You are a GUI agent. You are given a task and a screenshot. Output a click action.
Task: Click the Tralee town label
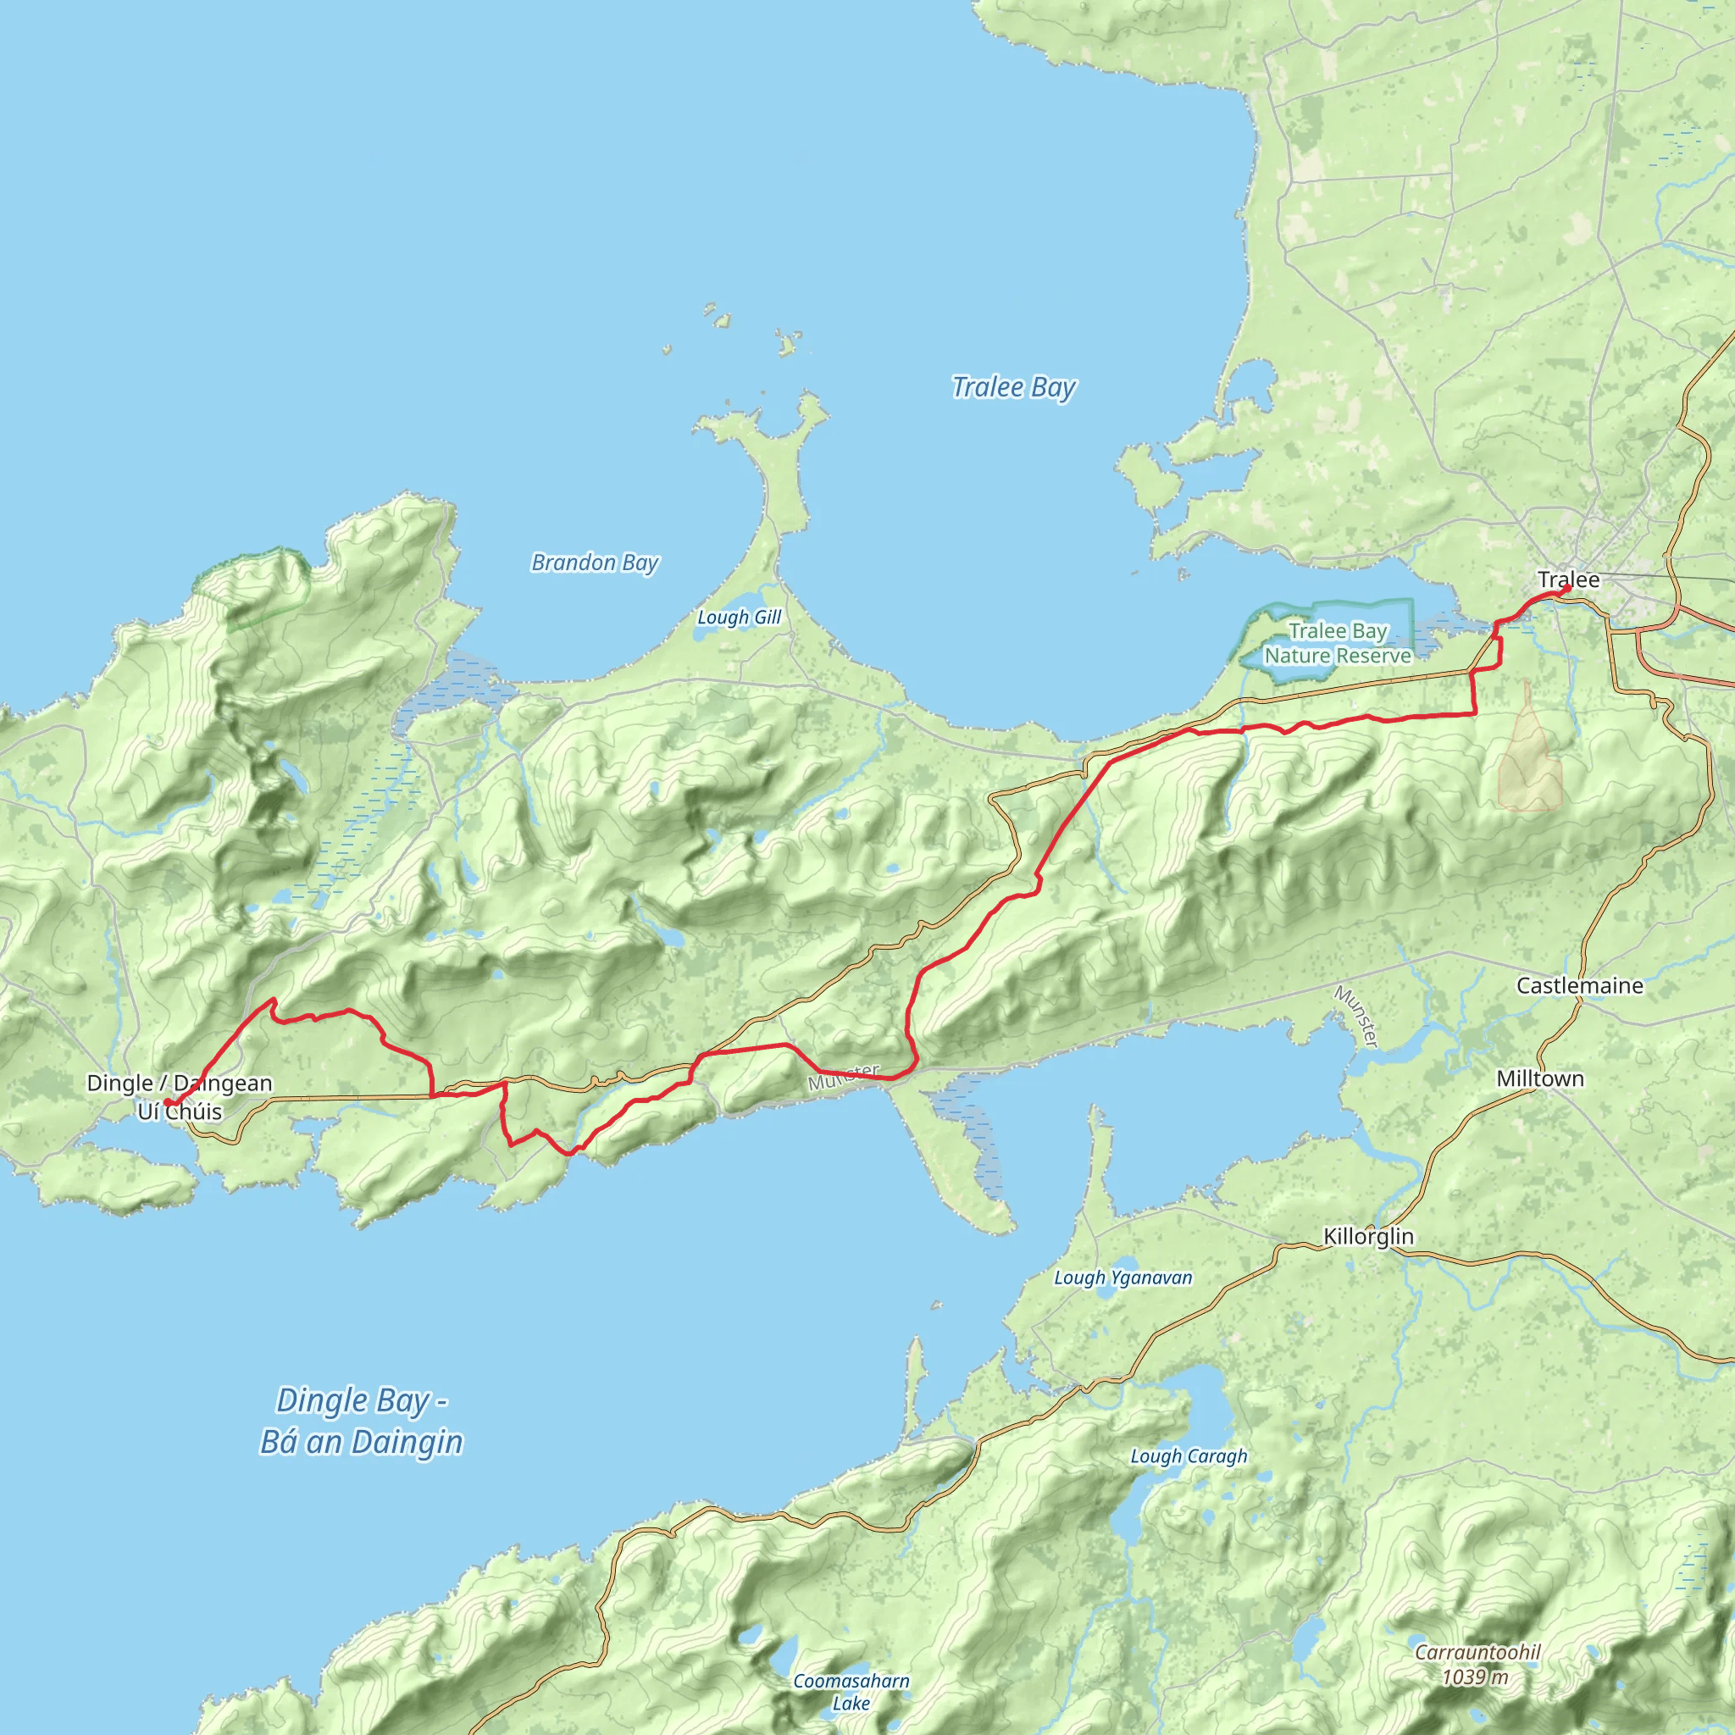[x=1568, y=579]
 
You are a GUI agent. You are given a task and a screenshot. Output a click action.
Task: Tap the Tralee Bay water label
[x=1013, y=388]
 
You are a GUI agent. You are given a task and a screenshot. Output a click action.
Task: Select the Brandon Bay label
[x=595, y=563]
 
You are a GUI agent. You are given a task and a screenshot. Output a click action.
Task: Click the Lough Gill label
[x=739, y=618]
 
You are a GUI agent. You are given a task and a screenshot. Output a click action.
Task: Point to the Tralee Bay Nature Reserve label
[x=1337, y=644]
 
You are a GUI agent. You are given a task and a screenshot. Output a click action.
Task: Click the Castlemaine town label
[x=1579, y=986]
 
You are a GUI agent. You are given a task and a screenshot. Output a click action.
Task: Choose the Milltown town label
[x=1539, y=1078]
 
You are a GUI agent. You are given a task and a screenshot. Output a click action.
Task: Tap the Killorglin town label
[x=1367, y=1237]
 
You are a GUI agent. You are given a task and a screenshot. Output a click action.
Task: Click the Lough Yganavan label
[x=1122, y=1278]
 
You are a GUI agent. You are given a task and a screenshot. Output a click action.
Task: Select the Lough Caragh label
[x=1188, y=1456]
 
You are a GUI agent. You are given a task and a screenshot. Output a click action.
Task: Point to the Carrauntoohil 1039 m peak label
[x=1477, y=1664]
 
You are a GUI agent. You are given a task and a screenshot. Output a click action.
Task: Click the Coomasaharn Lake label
[x=851, y=1691]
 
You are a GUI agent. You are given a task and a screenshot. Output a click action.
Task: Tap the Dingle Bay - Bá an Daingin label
[x=361, y=1422]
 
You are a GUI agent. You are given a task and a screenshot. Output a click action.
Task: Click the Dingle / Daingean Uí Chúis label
[x=180, y=1097]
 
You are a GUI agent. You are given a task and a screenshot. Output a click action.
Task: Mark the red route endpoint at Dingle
[x=167, y=1103]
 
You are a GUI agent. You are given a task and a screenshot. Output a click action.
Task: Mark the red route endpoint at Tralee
[x=1566, y=589]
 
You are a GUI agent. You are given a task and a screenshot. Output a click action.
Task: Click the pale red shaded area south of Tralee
[x=1529, y=763]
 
